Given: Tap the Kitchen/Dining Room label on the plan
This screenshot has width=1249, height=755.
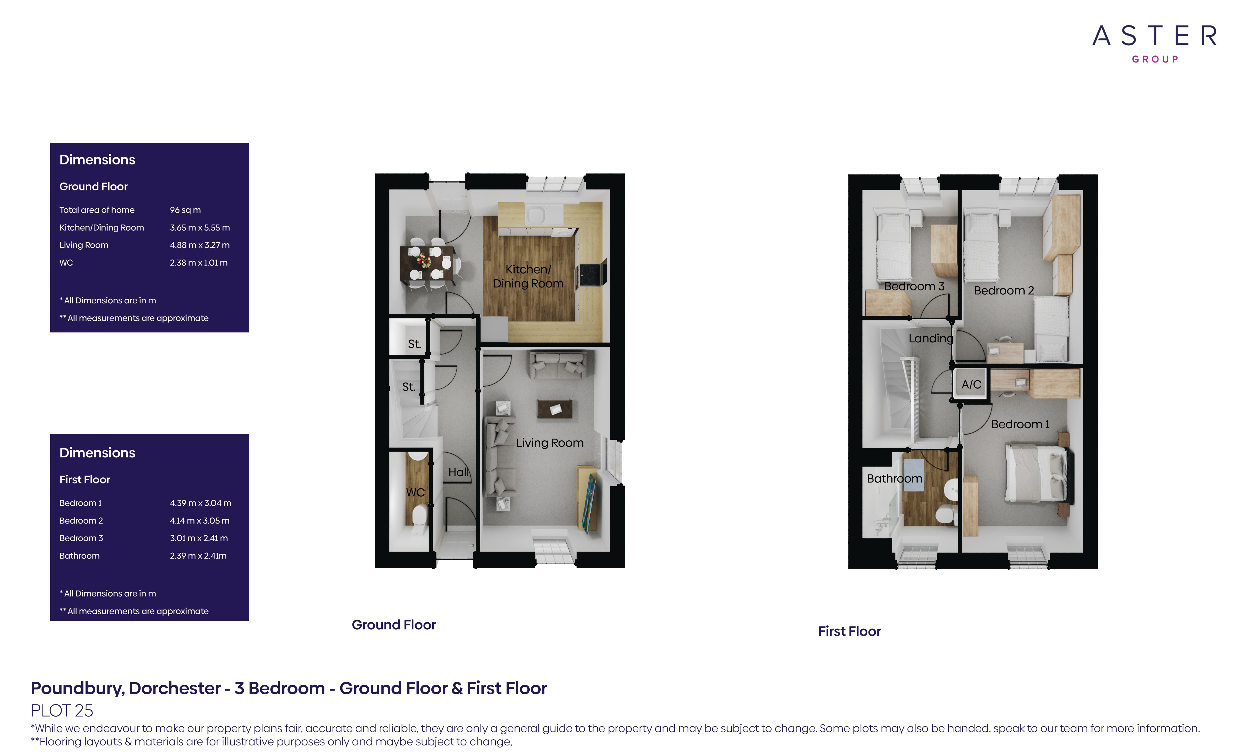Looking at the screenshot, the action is click(528, 276).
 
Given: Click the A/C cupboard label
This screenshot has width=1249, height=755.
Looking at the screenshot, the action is click(971, 385).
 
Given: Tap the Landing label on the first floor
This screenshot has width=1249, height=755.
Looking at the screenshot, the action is click(931, 338).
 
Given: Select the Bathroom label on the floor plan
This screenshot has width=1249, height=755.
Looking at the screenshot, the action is click(894, 478).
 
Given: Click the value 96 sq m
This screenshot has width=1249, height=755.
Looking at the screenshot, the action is click(185, 210).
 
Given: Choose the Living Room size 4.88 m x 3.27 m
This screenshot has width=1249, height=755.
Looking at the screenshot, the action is click(200, 245).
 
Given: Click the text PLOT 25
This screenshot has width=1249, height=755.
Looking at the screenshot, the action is click(62, 711).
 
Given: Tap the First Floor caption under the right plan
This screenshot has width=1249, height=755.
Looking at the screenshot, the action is click(849, 631).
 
